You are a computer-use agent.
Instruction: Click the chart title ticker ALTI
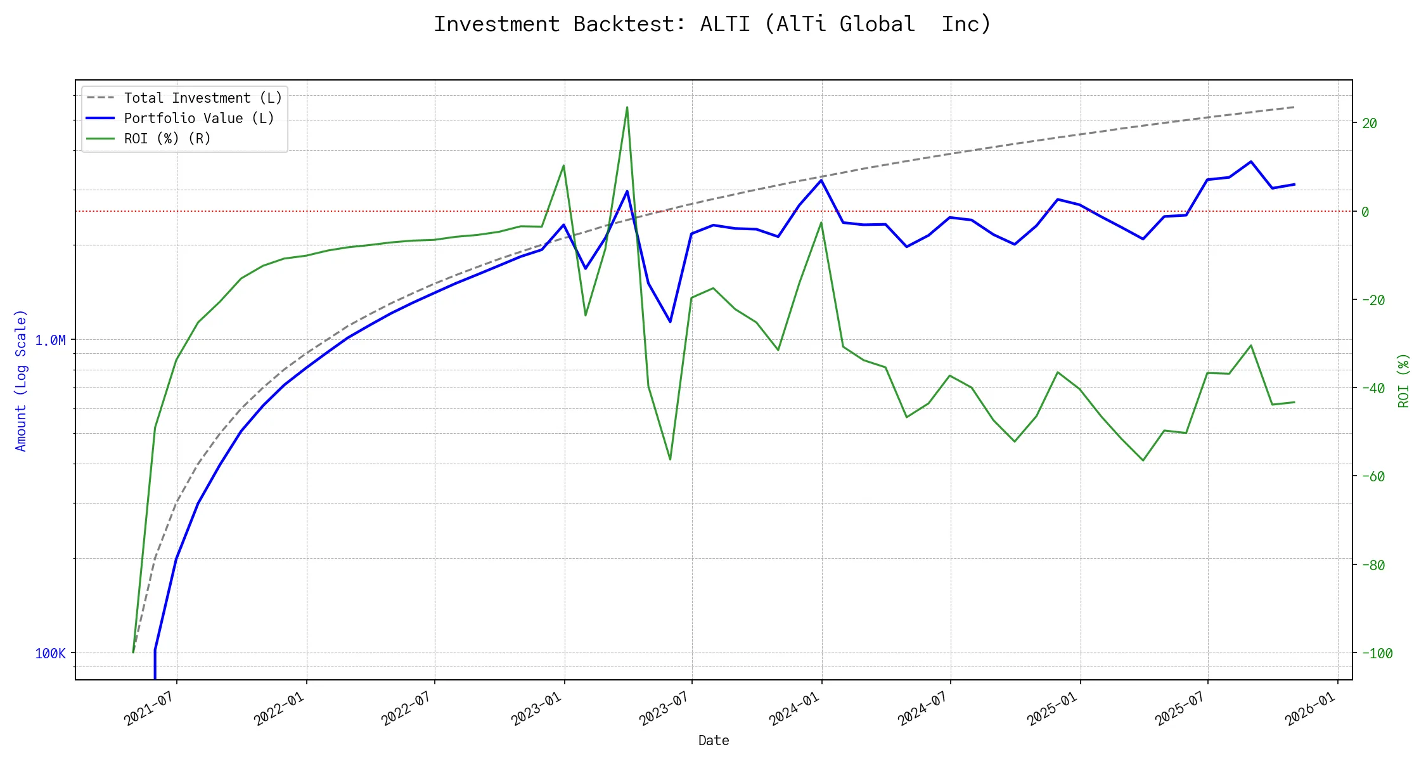724,24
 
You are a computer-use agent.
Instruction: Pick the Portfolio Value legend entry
199,119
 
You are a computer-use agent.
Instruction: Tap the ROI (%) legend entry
167,139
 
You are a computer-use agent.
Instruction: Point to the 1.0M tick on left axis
50,341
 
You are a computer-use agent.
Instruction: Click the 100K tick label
50,654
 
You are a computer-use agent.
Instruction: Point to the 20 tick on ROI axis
1370,124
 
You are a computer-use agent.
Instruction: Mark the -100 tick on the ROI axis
1376,654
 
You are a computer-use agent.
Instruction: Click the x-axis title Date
714,741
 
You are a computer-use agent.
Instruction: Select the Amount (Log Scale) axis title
21,380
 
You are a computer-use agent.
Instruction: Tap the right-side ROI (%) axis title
1403,380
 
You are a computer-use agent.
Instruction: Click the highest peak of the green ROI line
627,107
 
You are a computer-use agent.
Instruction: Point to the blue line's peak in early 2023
627,191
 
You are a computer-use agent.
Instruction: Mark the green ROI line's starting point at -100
133,652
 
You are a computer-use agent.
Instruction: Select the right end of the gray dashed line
1294,107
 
